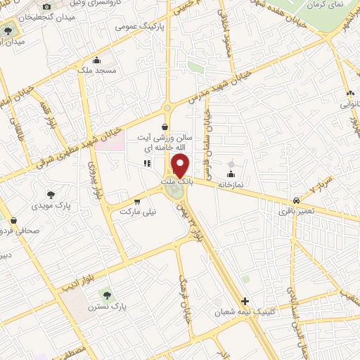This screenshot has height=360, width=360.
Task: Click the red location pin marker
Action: [x=180, y=166]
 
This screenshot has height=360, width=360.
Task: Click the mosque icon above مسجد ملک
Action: [x=96, y=60]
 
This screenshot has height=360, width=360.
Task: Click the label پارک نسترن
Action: [x=108, y=307]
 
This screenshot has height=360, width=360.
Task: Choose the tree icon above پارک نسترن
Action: [x=108, y=295]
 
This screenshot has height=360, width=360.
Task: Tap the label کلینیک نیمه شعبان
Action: [x=244, y=311]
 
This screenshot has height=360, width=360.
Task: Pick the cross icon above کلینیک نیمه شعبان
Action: [x=245, y=300]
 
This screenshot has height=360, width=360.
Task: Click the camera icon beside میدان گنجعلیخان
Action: [x=46, y=7]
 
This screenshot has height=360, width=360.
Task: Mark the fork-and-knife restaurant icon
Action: [x=148, y=164]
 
